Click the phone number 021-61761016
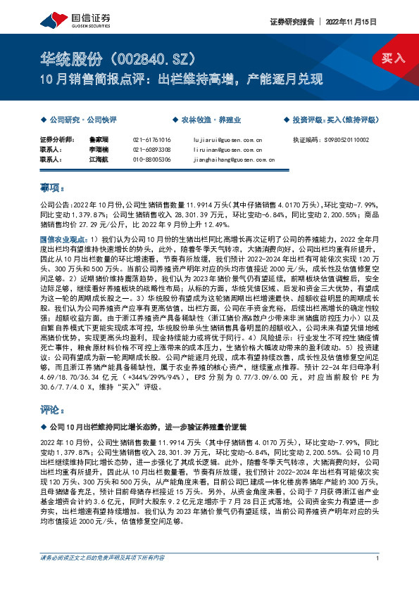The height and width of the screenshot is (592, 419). (152, 141)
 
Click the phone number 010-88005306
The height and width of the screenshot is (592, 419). (152, 160)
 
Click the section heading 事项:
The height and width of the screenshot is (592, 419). (52, 188)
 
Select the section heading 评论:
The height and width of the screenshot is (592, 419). (52, 408)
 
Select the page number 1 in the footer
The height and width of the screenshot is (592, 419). (379, 578)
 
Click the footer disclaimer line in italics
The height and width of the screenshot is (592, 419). (103, 578)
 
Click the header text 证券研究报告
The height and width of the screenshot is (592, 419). (291, 22)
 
